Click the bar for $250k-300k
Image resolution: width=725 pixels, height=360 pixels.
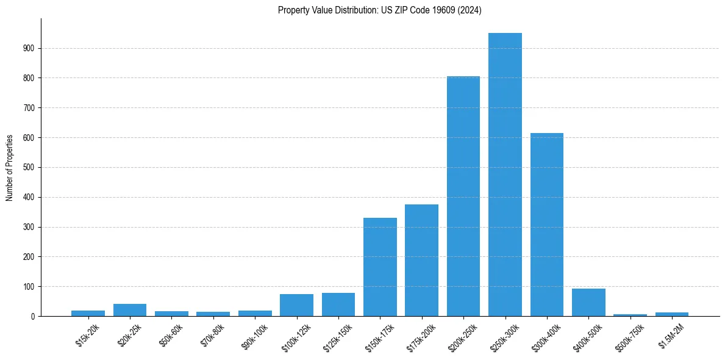pos(505,175)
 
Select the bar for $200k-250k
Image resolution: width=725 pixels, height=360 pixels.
pos(463,196)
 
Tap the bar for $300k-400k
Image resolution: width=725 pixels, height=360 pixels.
pos(547,225)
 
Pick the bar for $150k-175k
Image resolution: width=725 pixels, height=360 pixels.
pos(380,267)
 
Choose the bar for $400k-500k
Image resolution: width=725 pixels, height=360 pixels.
pos(588,303)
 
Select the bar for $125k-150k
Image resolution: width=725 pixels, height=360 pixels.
pos(338,304)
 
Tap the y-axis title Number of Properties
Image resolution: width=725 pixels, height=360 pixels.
pos(10,167)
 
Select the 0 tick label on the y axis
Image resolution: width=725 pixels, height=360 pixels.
pos(33,316)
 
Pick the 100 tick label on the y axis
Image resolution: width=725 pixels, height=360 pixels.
pos(29,287)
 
